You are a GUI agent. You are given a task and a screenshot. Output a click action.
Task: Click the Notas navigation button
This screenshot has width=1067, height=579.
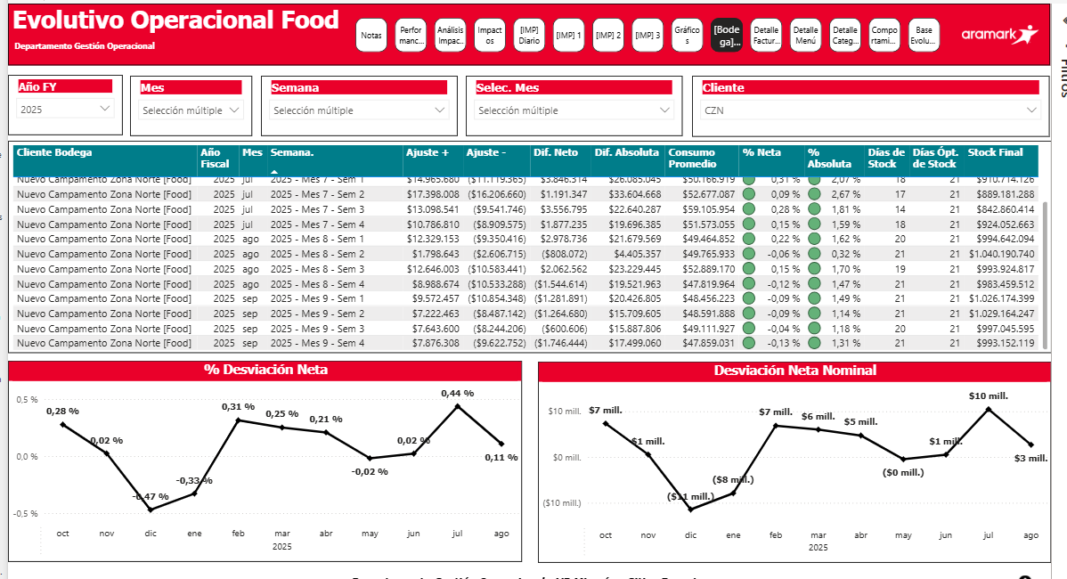click(x=371, y=36)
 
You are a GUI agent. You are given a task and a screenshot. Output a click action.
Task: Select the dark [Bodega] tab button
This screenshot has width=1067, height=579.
click(x=727, y=36)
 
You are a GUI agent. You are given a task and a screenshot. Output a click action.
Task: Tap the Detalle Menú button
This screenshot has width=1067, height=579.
click(x=805, y=36)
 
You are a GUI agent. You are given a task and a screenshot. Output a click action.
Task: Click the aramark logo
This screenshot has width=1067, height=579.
click(x=999, y=35)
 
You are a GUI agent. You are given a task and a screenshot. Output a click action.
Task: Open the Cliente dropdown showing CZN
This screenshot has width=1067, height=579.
click(x=870, y=110)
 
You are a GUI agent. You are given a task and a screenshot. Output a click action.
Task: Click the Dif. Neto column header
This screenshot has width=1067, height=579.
click(x=556, y=152)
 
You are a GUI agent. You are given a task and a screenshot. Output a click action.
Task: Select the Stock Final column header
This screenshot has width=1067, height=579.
click(x=996, y=152)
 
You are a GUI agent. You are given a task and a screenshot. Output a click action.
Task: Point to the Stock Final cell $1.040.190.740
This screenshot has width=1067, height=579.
click(x=1002, y=254)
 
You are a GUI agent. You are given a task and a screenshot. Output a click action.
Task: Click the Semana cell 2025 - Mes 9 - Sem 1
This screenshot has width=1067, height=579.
click(x=318, y=298)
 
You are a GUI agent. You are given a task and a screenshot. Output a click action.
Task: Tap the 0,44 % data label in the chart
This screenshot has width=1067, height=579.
click(x=457, y=394)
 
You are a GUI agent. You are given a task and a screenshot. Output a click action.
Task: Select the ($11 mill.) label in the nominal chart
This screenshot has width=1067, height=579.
click(x=690, y=496)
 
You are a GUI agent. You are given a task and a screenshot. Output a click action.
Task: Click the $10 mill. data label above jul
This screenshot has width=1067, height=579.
click(x=988, y=396)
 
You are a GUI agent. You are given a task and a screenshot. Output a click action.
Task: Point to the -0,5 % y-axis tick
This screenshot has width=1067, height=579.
click(x=26, y=514)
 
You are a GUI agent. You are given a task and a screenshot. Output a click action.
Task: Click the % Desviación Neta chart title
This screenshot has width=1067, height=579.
click(x=265, y=371)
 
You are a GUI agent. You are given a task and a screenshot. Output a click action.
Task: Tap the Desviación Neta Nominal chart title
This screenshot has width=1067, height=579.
click(x=794, y=371)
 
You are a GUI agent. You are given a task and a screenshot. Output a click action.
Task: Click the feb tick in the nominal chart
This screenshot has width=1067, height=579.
click(x=776, y=535)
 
